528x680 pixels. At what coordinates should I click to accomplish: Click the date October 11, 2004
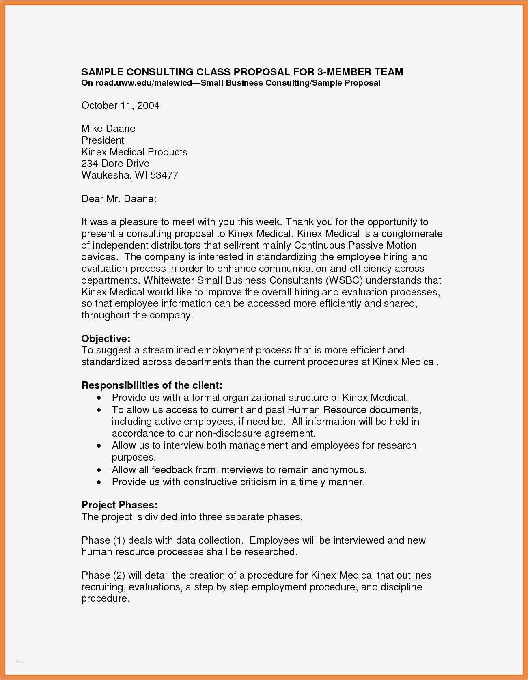[120, 105]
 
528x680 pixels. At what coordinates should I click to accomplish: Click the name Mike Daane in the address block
[108, 129]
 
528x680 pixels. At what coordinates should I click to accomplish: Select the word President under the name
[103, 140]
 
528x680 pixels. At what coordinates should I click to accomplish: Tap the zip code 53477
[164, 175]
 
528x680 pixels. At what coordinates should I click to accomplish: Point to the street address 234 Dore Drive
[115, 164]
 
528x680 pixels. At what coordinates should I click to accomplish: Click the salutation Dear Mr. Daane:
[119, 199]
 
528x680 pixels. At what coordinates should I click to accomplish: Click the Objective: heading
[106, 339]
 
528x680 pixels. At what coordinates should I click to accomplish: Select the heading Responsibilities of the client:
[152, 385]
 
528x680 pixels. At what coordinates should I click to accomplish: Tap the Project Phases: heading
[119, 505]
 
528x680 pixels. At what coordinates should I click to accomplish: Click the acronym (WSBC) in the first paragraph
[343, 280]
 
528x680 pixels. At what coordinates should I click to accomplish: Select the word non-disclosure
[229, 433]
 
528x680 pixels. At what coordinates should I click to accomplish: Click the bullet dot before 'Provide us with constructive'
[99, 482]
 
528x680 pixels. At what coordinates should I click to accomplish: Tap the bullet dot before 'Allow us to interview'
[99, 446]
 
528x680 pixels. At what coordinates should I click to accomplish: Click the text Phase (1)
[103, 540]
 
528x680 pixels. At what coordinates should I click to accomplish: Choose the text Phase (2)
[103, 575]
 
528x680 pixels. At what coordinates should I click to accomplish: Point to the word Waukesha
[106, 175]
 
